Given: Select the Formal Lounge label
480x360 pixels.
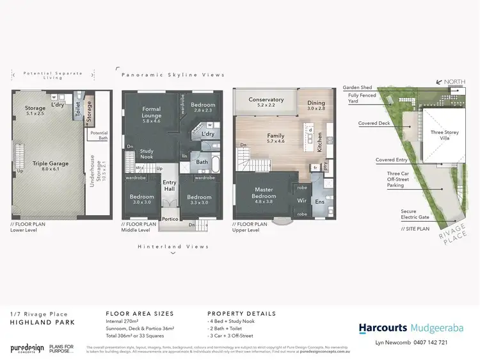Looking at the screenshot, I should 152,114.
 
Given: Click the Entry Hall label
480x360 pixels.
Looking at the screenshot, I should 169,186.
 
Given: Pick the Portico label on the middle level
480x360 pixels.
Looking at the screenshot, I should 170,218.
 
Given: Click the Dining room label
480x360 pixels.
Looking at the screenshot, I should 316,106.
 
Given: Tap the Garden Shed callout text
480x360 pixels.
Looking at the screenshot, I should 357,86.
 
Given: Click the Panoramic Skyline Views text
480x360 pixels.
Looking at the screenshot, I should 173,75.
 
